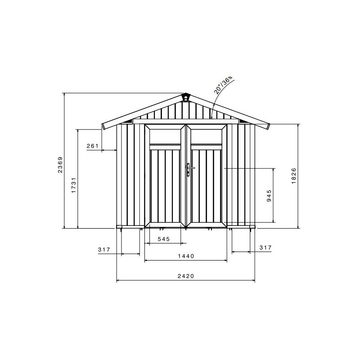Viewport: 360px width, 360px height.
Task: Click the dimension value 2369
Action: [59, 165]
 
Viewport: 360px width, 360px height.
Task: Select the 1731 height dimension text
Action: [73, 185]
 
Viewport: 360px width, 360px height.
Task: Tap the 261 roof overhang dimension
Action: [92, 146]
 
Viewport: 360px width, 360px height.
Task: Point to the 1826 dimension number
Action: [293, 175]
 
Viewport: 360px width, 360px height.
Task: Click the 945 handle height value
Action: [269, 195]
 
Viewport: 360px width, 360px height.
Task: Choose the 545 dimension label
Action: [163, 239]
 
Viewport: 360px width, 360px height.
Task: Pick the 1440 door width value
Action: [185, 256]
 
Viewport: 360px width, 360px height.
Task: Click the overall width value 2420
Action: [185, 276]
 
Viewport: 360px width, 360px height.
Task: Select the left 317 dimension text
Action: [104, 249]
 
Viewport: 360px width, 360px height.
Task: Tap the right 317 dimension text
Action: [265, 247]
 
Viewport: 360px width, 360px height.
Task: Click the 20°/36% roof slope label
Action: [223, 85]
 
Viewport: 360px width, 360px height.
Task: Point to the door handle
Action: [189, 170]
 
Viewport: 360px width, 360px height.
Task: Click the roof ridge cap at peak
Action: [185, 97]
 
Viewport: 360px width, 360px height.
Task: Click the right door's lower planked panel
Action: [207, 185]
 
